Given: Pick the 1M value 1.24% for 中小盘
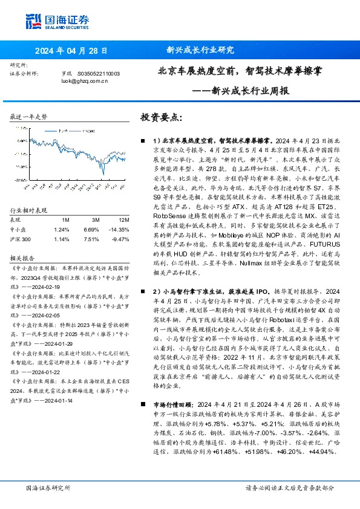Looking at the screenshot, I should (x=61, y=230).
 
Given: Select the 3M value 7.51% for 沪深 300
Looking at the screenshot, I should (x=91, y=239).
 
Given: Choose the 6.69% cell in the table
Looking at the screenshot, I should (x=91, y=230).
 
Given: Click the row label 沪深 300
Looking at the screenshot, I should (x=22, y=239).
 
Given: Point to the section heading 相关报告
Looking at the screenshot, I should (x=22, y=257).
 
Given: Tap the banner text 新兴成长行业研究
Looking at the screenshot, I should (x=200, y=51).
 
